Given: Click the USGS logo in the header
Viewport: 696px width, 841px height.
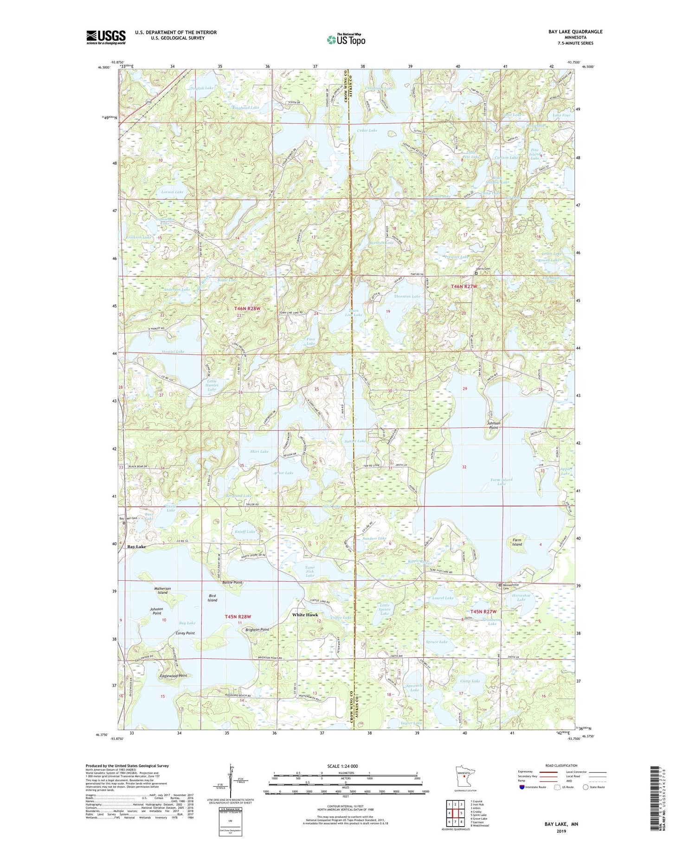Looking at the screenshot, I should tap(106, 37).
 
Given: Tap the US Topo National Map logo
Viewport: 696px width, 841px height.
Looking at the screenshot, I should tap(346, 39).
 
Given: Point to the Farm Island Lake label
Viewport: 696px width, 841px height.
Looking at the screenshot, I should tap(501, 481).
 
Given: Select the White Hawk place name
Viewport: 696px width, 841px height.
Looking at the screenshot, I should tap(305, 615).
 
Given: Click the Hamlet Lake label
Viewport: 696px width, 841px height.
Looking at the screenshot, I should tap(173, 352).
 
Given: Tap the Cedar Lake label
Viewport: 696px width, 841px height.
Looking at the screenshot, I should tap(367, 130).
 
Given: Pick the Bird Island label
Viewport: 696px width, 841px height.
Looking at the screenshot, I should tap(212, 597).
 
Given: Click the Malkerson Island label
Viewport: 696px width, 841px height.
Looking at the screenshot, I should tap(162, 591).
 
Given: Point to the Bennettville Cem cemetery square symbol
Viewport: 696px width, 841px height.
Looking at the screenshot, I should tap(500, 585).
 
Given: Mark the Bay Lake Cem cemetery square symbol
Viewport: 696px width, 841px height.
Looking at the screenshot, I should tap(124, 523).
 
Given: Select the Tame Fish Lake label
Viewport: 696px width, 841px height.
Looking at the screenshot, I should tap(309, 571).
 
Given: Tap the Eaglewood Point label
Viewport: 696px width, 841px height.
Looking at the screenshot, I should tap(173, 676).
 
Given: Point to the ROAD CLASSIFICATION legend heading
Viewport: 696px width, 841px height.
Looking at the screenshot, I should tap(561, 765).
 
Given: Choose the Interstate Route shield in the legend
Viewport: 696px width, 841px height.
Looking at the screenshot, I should tap(523, 787).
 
